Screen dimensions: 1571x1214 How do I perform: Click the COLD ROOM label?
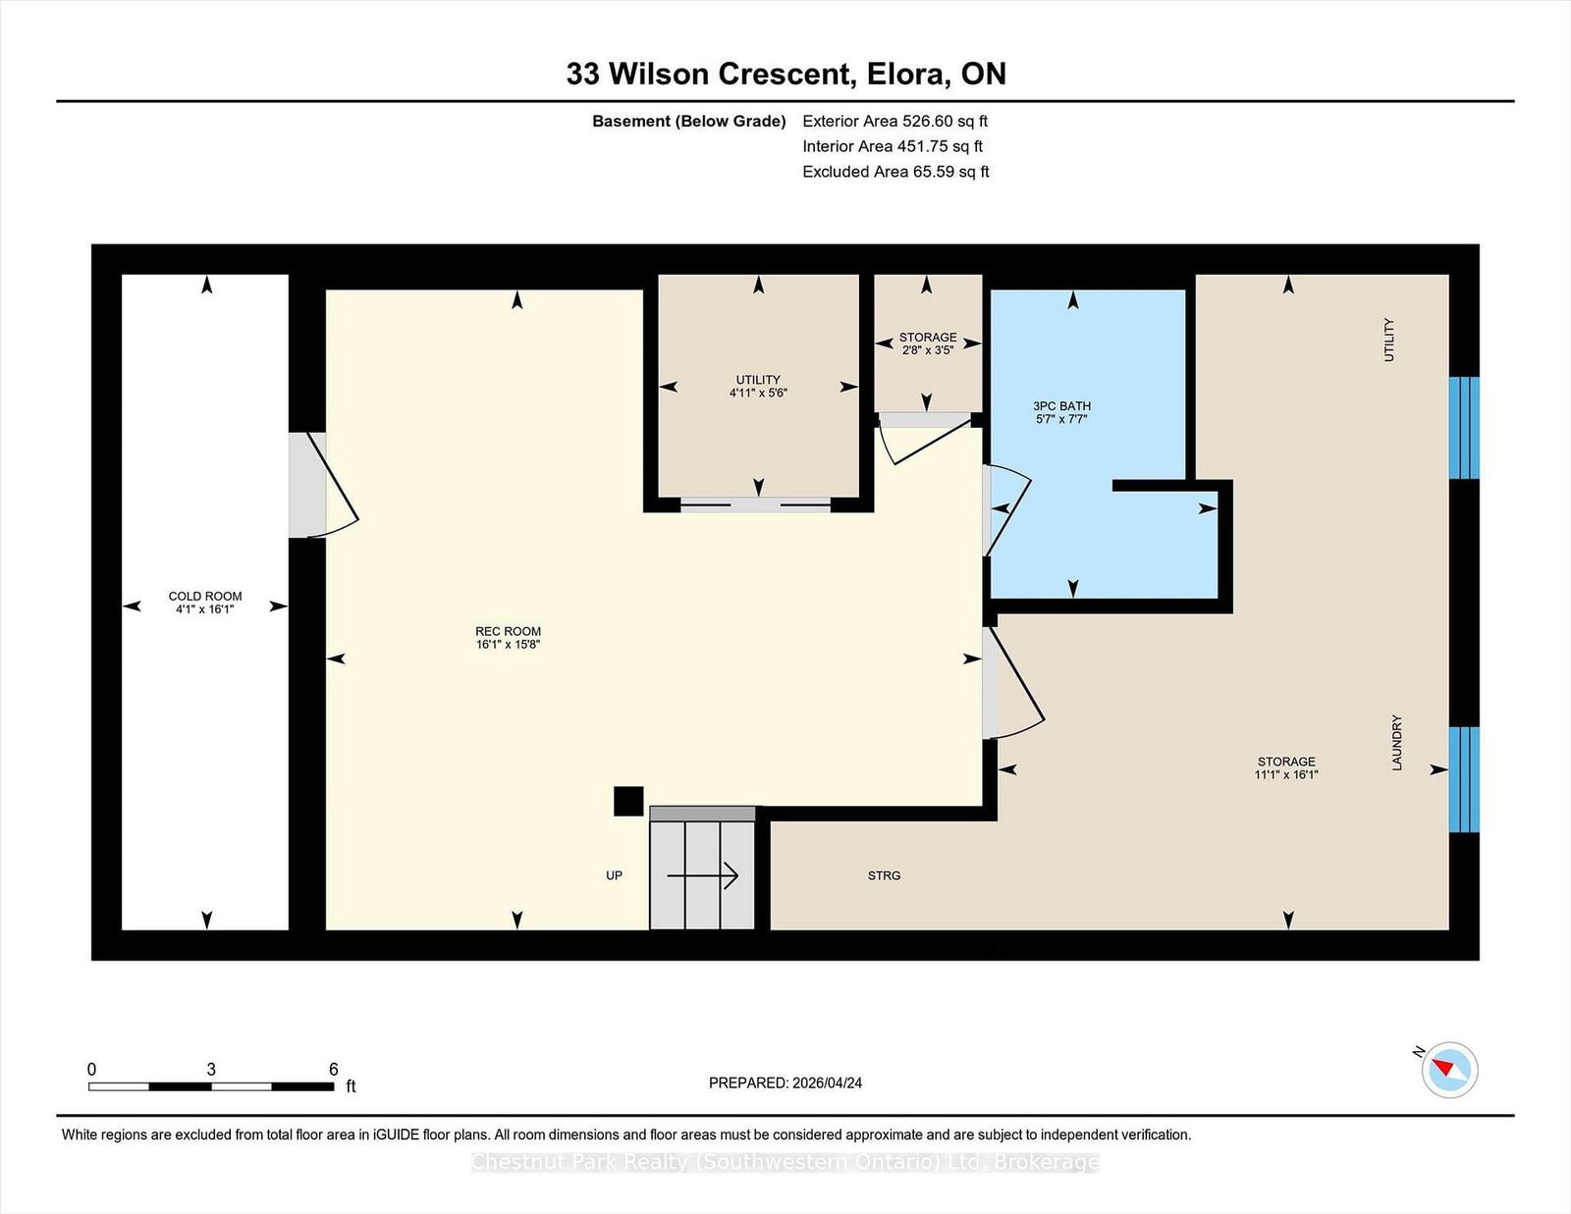(205, 596)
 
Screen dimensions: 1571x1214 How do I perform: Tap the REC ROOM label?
(508, 632)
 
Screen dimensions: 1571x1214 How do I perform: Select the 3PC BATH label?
(1061, 406)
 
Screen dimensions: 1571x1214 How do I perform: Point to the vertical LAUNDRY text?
(1397, 743)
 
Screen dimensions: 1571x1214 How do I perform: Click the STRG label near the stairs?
(885, 875)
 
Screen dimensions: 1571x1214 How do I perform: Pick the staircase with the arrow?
(702, 869)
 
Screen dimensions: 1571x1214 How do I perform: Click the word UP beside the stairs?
(614, 875)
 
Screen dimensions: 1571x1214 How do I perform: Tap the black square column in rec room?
(628, 802)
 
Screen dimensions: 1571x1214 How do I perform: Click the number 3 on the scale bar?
(211, 1070)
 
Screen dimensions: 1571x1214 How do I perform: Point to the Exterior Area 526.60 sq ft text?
(895, 122)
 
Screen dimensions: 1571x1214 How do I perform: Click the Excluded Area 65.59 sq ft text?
(895, 172)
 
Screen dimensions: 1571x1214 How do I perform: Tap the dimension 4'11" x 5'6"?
(758, 394)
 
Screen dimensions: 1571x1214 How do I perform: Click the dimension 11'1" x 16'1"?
(1286, 774)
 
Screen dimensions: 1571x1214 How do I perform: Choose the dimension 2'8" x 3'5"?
(928, 350)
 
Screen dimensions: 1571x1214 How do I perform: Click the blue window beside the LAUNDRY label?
(1464, 779)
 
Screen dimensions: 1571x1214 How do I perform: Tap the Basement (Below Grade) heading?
(689, 122)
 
